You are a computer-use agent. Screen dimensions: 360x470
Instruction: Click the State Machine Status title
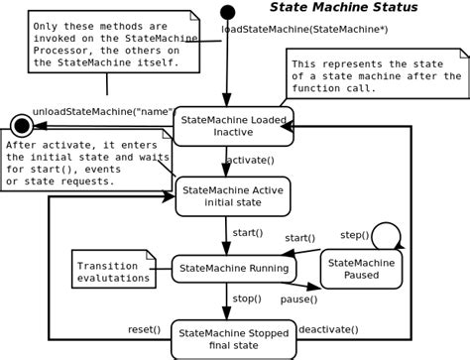[343, 8]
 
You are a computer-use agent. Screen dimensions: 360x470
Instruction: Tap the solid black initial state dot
[228, 12]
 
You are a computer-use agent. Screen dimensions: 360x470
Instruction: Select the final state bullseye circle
[21, 125]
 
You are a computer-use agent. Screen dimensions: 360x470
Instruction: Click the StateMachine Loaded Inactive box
[233, 126]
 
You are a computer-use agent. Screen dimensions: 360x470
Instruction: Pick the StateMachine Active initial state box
[233, 195]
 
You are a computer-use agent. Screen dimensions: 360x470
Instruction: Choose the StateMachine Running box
[234, 268]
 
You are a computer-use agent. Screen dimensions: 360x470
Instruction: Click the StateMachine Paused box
[361, 269]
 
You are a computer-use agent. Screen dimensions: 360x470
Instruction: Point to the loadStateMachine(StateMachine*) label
[304, 29]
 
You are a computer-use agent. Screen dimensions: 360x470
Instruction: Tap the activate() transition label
[250, 160]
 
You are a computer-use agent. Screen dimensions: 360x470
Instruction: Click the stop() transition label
[247, 298]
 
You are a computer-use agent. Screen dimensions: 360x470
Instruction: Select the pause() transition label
[298, 299]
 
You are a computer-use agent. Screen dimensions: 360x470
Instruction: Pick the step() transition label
[354, 235]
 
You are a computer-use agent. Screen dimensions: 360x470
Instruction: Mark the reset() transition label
[144, 328]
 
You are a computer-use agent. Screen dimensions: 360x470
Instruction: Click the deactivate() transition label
[328, 328]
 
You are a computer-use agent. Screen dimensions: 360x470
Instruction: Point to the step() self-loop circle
[386, 236]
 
